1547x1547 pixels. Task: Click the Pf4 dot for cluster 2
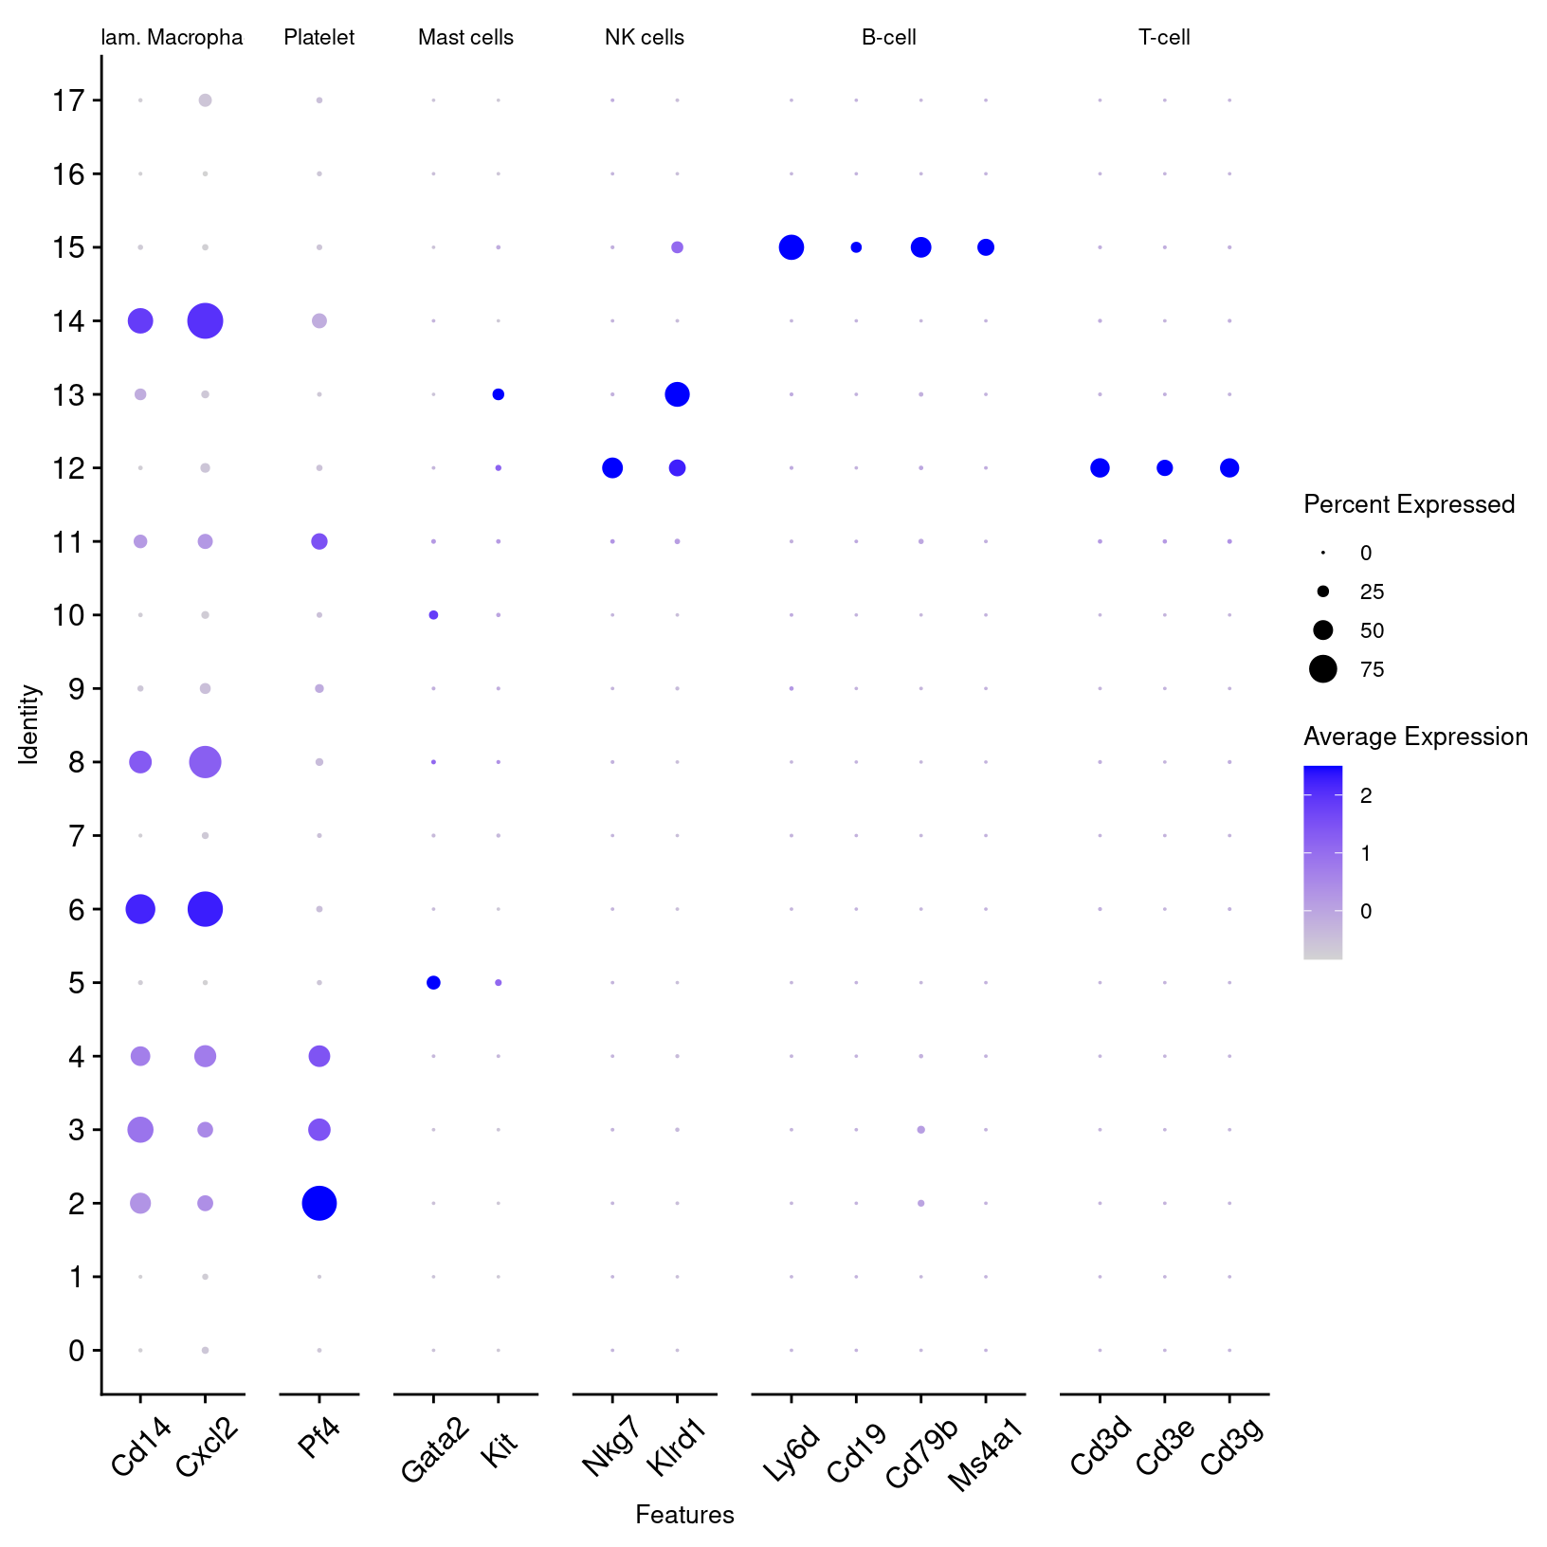(319, 1203)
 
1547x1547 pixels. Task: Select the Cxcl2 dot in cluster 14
(205, 321)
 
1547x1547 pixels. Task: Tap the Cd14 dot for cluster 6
(140, 909)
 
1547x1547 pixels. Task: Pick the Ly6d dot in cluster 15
(792, 247)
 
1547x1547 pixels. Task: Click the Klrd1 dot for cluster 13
(677, 394)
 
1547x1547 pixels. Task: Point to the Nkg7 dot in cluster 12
(612, 467)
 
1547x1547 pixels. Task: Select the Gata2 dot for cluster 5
(433, 983)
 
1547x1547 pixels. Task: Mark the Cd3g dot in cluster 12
(1229, 467)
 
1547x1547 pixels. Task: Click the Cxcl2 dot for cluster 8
(205, 761)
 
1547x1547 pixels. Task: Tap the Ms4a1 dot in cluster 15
(986, 247)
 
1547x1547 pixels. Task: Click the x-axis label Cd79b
(922, 1453)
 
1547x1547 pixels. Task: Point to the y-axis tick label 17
(69, 100)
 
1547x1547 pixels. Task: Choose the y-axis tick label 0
(77, 1350)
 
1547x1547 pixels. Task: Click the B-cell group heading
(888, 38)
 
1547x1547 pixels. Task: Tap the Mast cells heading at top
(465, 38)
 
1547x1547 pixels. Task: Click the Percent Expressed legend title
(1409, 504)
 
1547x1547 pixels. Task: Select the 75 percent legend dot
(1323, 669)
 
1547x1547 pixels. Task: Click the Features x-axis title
(684, 1515)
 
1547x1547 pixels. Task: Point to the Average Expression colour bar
(1322, 862)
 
